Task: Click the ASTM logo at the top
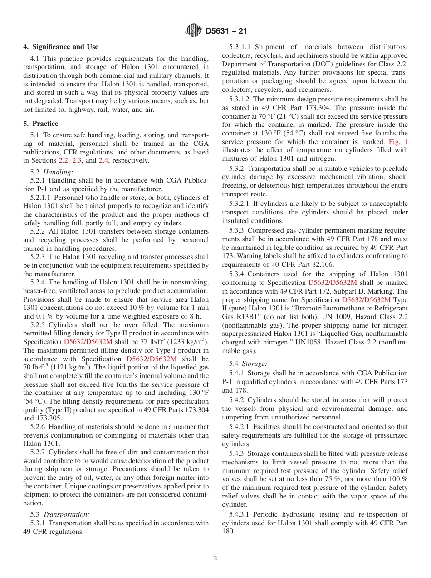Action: [194, 31]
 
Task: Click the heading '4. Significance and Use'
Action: [61, 47]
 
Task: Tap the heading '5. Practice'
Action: [41, 124]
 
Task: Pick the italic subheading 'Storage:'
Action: [255, 364]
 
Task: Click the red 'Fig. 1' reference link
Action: [399, 142]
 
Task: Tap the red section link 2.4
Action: [103, 160]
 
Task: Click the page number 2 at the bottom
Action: [215, 558]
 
